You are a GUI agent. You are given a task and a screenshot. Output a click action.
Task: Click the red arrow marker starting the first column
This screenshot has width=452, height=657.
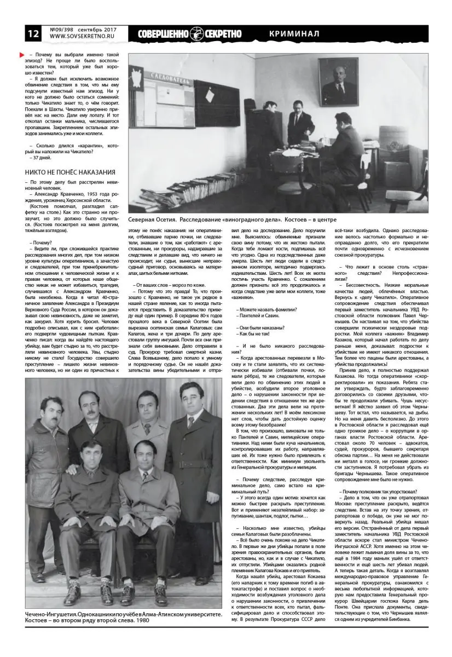(21, 56)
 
